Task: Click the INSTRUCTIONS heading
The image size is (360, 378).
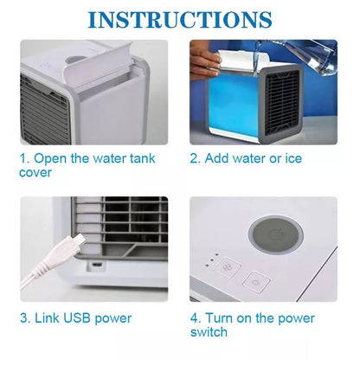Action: point(180,20)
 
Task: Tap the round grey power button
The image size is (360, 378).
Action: point(276,235)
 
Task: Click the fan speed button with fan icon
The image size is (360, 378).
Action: point(228,267)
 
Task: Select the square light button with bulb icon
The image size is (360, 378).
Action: point(256,282)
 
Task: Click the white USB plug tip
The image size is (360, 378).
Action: point(78,240)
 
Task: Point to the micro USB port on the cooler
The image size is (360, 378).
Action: point(97,265)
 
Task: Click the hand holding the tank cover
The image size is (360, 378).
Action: point(205,60)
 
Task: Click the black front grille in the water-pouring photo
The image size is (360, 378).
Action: point(282,102)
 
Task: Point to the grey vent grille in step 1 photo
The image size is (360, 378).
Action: point(45,111)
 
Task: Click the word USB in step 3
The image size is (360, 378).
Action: point(77,318)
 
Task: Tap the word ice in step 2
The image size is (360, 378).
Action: point(293,158)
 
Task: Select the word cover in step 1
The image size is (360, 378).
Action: point(35,173)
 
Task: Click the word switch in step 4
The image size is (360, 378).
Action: point(209,332)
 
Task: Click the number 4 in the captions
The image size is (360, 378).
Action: point(195,318)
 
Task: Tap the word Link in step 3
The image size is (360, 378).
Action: point(46,318)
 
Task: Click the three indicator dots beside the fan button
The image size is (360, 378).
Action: point(211,260)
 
